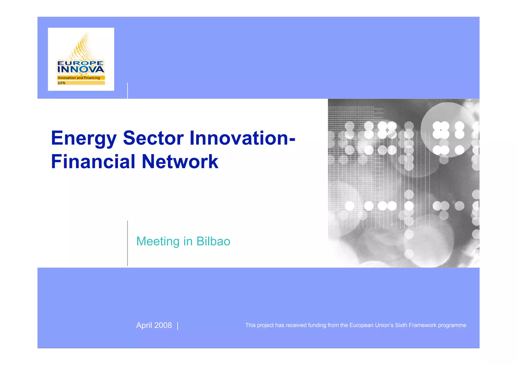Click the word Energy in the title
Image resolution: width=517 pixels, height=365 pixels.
pos(84,139)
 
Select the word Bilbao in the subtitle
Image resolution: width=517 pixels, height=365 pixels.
pos(213,241)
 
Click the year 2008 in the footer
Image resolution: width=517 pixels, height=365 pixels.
pos(163,325)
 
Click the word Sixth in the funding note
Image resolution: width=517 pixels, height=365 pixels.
pos(401,325)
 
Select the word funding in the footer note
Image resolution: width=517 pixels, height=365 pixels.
pos(317,325)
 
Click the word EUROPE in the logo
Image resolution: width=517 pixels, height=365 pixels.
pos(81,63)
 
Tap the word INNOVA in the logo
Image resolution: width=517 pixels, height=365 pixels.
pos(81,69)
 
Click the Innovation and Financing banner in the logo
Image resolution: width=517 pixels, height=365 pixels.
pos(81,78)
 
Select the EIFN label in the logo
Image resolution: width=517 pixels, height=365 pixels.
pos(62,83)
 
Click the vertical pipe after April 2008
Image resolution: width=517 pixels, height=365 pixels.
pos(178,326)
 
